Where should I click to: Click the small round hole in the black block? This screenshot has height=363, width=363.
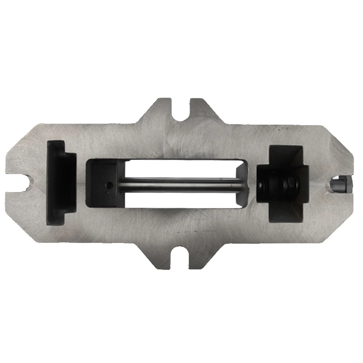109,185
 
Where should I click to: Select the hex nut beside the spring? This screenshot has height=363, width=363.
292,184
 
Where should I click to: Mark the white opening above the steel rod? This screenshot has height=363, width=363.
181,168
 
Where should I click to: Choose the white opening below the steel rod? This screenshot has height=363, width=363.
181,200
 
